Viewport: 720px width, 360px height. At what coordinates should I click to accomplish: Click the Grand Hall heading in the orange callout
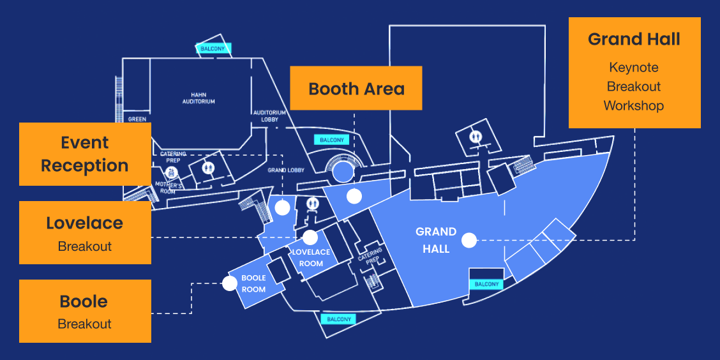634,40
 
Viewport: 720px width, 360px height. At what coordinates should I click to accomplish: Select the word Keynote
634,68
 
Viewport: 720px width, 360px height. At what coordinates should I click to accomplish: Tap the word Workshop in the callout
634,105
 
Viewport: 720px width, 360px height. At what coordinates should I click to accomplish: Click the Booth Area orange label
356,88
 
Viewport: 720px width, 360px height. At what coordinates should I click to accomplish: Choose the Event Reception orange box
85,154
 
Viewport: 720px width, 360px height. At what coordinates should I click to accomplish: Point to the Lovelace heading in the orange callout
85,223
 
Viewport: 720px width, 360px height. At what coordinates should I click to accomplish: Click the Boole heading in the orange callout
85,301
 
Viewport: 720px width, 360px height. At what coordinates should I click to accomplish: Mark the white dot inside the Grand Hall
469,240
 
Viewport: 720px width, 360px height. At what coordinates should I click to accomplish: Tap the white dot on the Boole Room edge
230,283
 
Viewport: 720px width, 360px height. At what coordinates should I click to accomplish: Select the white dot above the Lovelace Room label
310,237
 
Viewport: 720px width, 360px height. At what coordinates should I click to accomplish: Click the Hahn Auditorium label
199,98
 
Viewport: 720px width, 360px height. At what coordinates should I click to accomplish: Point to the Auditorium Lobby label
265,116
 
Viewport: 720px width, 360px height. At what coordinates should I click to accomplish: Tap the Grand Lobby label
286,170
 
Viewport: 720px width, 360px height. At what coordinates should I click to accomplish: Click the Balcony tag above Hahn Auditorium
213,49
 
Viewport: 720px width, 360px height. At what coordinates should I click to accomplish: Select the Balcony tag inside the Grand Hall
487,284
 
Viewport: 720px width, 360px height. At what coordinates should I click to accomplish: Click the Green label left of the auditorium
137,119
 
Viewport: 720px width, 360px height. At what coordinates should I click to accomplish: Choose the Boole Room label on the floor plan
253,283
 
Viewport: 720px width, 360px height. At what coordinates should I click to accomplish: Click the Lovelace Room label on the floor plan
311,257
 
